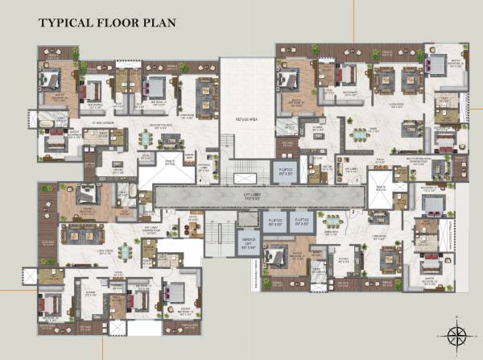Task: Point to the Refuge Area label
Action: pos(247,119)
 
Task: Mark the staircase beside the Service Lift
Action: pos(217,238)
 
